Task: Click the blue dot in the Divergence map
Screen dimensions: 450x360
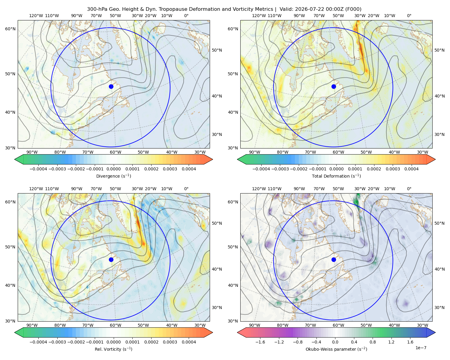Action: [x=111, y=86]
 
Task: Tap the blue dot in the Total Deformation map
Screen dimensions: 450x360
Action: [x=334, y=86]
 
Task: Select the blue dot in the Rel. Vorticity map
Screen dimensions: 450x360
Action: [x=111, y=259]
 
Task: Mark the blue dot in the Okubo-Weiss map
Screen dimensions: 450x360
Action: [x=334, y=259]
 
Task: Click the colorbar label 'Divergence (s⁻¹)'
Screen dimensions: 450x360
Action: [x=113, y=176]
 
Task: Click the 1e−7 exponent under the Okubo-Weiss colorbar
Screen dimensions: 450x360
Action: [x=421, y=348]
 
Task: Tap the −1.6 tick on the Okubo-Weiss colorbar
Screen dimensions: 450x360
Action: [x=260, y=342]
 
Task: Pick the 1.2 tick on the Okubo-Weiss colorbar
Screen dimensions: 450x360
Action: [x=391, y=342]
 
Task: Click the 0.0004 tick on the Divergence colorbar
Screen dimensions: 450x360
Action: [x=189, y=169]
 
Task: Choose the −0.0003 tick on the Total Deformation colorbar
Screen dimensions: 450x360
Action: [x=280, y=169]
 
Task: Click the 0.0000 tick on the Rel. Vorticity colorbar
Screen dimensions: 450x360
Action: [x=113, y=342]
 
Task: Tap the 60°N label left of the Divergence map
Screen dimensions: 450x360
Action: [x=10, y=29]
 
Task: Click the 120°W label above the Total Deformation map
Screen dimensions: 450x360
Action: [x=259, y=16]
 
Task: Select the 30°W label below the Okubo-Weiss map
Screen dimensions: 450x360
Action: [x=422, y=325]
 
